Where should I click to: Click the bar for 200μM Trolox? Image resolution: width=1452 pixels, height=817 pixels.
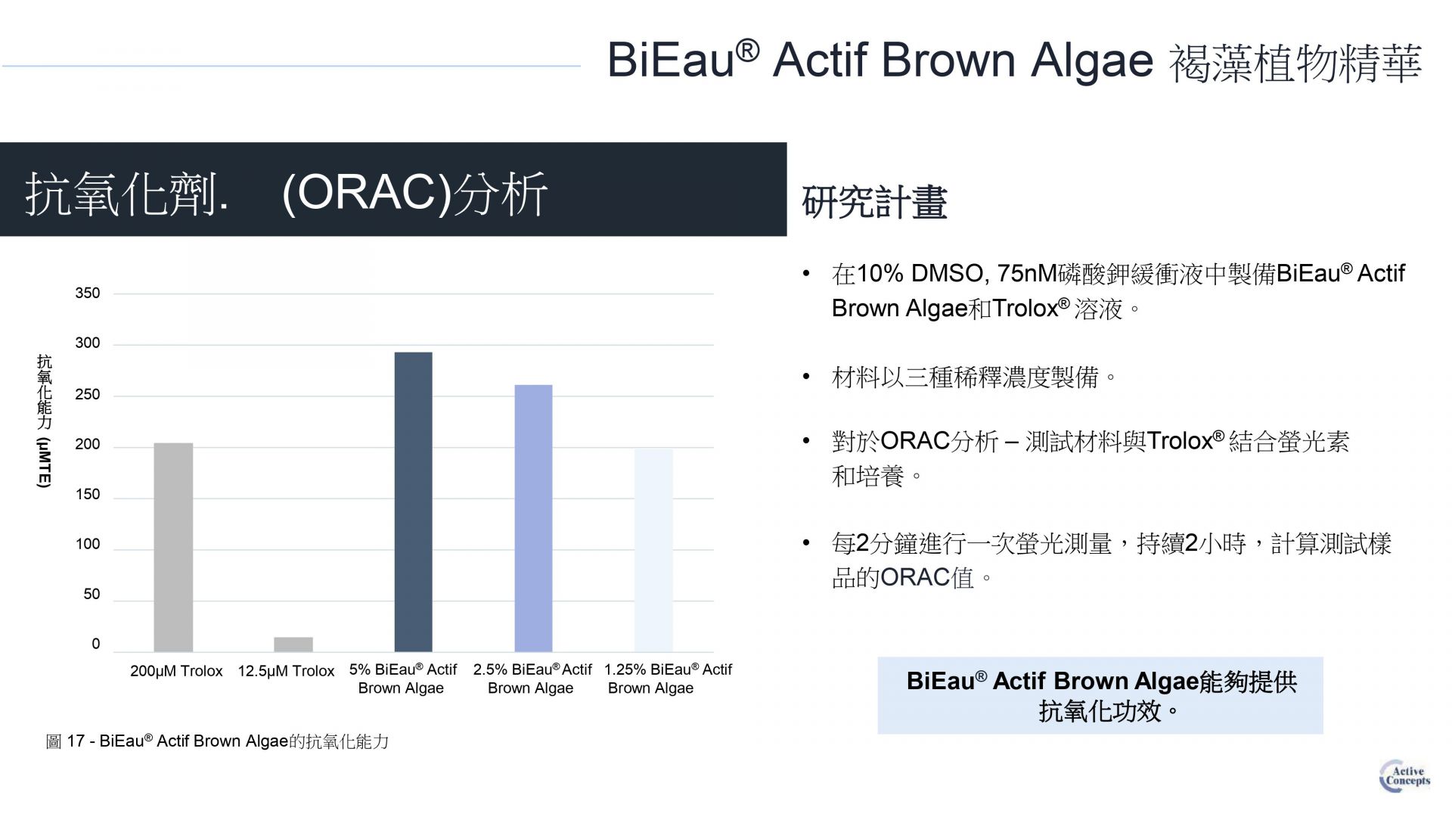(173, 547)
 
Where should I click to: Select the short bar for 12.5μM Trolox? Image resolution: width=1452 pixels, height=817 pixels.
(293, 645)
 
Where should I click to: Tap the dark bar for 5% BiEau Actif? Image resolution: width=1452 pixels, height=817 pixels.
(414, 502)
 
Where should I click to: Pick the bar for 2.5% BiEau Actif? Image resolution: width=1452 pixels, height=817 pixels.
(533, 518)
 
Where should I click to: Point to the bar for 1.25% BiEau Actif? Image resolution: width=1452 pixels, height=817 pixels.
(653, 550)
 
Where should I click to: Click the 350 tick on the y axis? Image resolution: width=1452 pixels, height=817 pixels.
(87, 294)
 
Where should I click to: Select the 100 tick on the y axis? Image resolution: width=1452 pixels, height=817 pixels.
(87, 544)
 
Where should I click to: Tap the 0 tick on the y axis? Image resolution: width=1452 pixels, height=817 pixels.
(95, 644)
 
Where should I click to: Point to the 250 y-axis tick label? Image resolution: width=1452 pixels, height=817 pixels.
(87, 394)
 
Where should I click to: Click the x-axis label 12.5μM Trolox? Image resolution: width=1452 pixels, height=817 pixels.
(286, 671)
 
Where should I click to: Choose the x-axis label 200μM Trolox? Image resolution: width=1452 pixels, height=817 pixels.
(176, 671)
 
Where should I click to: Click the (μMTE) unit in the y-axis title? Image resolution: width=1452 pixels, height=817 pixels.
(44, 462)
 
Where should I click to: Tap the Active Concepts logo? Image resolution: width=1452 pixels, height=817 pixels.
(1404, 776)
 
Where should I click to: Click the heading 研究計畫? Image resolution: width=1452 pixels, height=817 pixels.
(874, 202)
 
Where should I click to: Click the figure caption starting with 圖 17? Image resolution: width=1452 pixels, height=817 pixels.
(217, 741)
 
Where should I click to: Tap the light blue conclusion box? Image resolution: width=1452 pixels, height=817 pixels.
(1100, 695)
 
